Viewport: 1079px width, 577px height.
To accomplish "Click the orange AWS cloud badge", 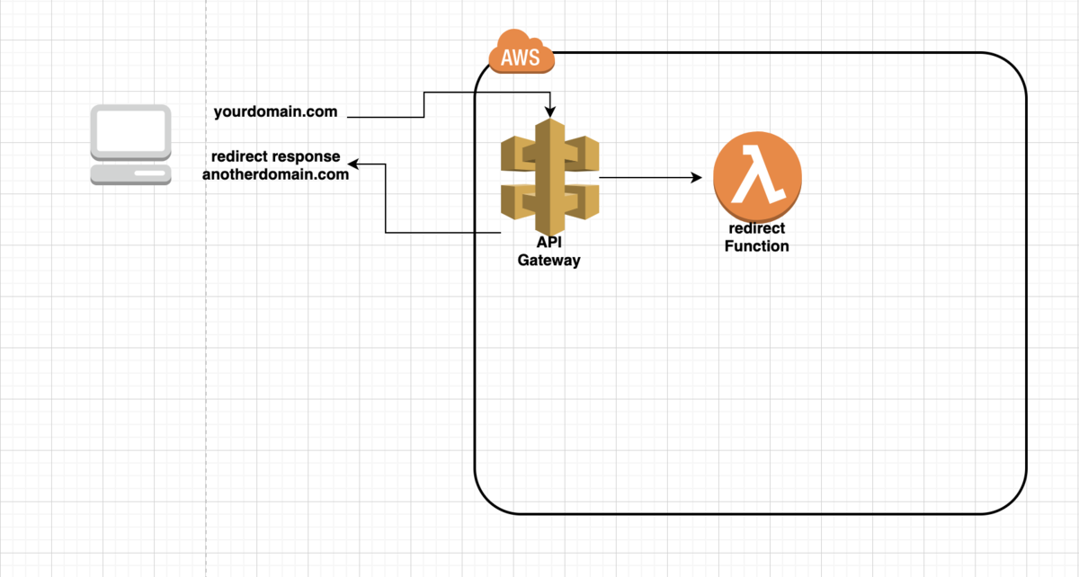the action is (x=522, y=52).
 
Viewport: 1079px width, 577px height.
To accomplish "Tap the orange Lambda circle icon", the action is (x=757, y=177).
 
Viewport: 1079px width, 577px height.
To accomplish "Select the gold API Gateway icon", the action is (x=549, y=177).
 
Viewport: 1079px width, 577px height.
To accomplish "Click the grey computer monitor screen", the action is (x=130, y=132).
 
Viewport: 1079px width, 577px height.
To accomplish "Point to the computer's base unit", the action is (x=130, y=175).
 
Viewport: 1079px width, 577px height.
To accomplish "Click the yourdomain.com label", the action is (x=275, y=111).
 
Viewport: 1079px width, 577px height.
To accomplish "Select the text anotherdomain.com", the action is (x=275, y=174).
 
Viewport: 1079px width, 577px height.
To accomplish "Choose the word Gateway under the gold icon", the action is (x=548, y=261).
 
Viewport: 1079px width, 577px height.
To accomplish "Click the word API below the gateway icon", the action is (x=548, y=242).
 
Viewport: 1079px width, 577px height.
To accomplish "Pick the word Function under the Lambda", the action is (x=757, y=246).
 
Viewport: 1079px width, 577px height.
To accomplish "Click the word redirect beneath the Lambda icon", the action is (x=757, y=228).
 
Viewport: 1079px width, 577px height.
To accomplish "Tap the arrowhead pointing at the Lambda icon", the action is (x=697, y=177).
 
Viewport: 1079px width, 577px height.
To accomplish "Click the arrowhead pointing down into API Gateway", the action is (x=550, y=112).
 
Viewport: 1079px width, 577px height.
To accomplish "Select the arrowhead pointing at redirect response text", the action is (x=353, y=164).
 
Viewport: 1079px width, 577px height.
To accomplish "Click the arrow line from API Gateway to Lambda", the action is (x=650, y=177).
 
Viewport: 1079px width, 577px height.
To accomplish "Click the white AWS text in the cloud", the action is (x=521, y=58).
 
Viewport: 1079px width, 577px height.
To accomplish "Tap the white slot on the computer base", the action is (x=149, y=173).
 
